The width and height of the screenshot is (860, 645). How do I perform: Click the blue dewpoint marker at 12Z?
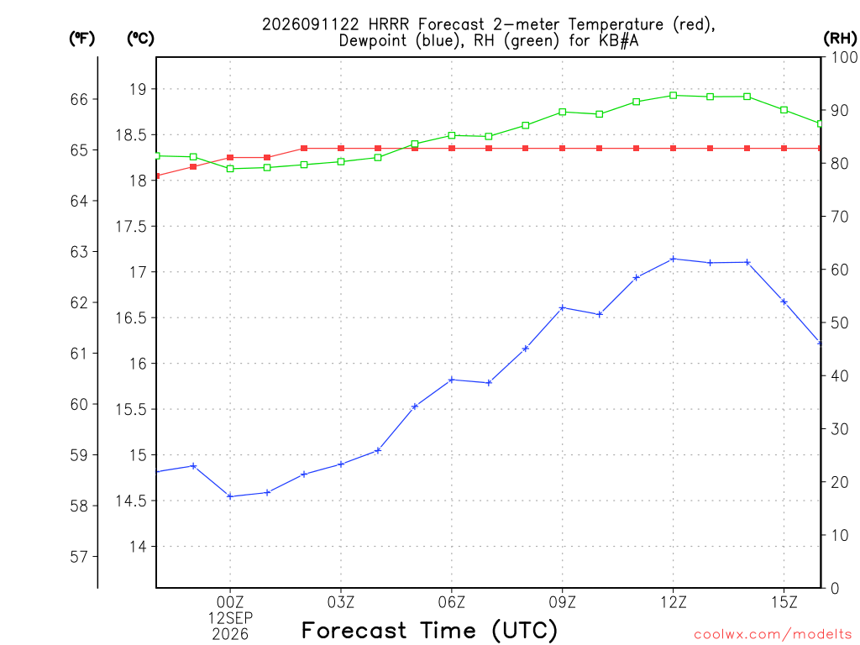pyautogui.click(x=673, y=259)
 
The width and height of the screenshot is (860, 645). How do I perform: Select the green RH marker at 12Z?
pyautogui.click(x=673, y=96)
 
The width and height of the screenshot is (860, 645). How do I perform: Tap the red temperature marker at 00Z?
pyautogui.click(x=230, y=157)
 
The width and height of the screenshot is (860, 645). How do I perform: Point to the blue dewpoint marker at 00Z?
pyautogui.click(x=230, y=496)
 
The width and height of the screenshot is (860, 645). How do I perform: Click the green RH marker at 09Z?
pyautogui.click(x=562, y=112)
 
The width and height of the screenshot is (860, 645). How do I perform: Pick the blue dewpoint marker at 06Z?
pyautogui.click(x=451, y=380)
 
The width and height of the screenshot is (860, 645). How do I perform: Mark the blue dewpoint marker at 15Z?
pyautogui.click(x=784, y=302)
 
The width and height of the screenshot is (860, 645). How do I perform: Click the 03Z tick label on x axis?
pyautogui.click(x=341, y=603)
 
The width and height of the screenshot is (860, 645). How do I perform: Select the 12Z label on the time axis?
pyautogui.click(x=673, y=603)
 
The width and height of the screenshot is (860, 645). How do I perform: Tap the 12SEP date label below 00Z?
pyautogui.click(x=230, y=618)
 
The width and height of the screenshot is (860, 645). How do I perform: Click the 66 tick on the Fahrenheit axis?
pyautogui.click(x=79, y=99)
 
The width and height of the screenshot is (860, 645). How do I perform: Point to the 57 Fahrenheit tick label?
pyautogui.click(x=79, y=557)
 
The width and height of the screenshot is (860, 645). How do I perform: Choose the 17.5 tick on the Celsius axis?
pyautogui.click(x=132, y=227)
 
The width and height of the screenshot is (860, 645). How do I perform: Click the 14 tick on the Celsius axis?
pyautogui.click(x=138, y=547)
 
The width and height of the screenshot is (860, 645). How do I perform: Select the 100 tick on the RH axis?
pyautogui.click(x=844, y=57)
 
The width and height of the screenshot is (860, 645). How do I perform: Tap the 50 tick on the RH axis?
pyautogui.click(x=840, y=322)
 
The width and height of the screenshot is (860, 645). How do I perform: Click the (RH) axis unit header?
pyautogui.click(x=840, y=39)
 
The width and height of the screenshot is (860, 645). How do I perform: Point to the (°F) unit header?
pyautogui.click(x=81, y=39)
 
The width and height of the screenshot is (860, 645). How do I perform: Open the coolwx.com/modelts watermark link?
pyautogui.click(x=773, y=635)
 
